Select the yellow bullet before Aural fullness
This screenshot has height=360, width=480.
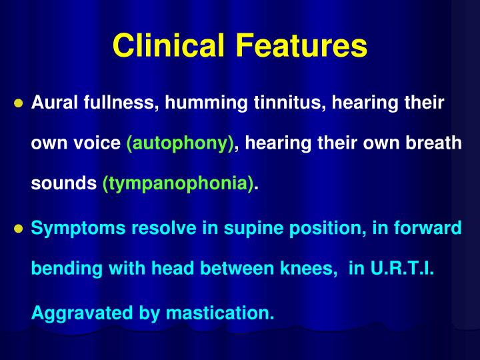click(19, 104)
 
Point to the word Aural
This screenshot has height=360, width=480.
click(53, 103)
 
